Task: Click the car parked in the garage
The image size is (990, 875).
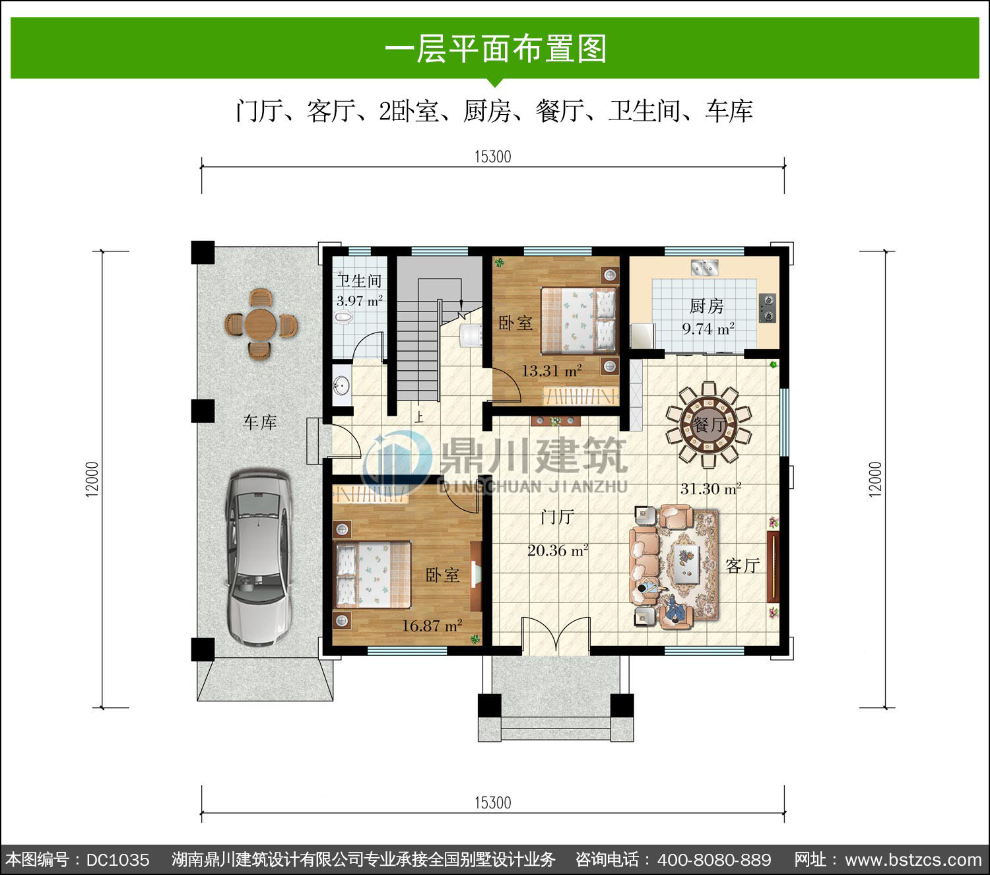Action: (257, 558)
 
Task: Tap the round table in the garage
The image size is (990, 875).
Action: (261, 324)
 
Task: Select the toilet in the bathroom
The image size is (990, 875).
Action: (345, 318)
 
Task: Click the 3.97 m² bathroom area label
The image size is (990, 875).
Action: (359, 301)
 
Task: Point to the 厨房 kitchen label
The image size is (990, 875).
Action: (706, 306)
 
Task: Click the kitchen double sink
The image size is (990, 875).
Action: (704, 267)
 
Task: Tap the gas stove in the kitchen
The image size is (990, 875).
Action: (767, 308)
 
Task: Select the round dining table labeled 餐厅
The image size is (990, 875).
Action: (709, 424)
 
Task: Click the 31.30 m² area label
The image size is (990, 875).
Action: (711, 488)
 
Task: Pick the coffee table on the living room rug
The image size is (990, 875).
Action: (686, 564)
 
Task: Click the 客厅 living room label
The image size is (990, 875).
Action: (742, 566)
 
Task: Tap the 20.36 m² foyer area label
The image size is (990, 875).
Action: (558, 550)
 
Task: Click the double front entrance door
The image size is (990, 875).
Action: (556, 635)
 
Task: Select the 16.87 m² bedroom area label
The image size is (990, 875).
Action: (432, 626)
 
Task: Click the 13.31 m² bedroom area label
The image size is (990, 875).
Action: (551, 371)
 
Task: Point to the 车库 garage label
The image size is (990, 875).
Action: (259, 422)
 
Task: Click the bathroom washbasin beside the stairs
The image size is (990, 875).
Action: (342, 385)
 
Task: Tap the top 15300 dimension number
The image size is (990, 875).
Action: (492, 157)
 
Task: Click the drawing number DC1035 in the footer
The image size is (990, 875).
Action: (117, 859)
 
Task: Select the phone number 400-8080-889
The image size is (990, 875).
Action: (713, 859)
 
